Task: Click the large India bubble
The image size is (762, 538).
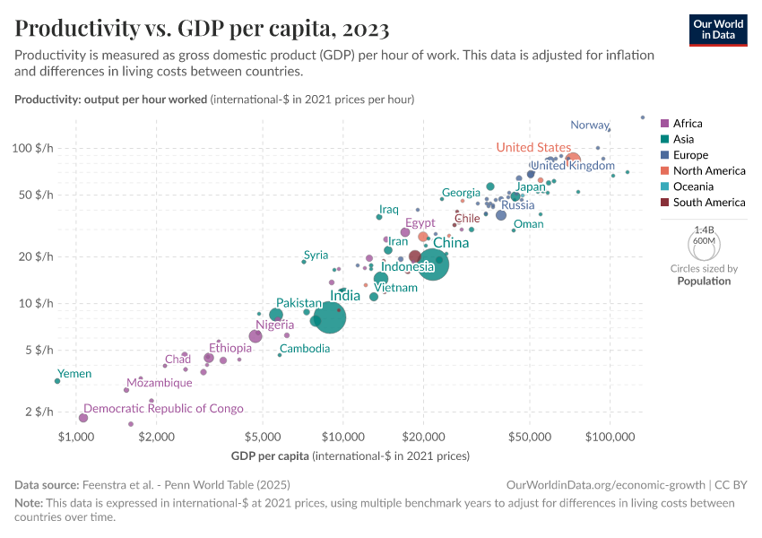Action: point(330,317)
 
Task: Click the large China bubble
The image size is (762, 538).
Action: point(432,265)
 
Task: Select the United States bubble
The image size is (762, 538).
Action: point(573,161)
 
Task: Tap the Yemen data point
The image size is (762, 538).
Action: point(57,381)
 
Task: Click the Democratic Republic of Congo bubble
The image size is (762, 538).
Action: point(83,418)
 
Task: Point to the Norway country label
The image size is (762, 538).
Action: point(589,125)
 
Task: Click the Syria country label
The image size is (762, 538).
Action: point(316,255)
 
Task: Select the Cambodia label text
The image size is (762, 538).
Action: point(305,348)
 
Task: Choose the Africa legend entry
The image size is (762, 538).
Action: point(687,124)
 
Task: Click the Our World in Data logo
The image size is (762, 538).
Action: point(718,29)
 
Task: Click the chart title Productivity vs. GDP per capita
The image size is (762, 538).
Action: point(202,29)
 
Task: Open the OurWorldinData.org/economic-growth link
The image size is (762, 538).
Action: point(606,484)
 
